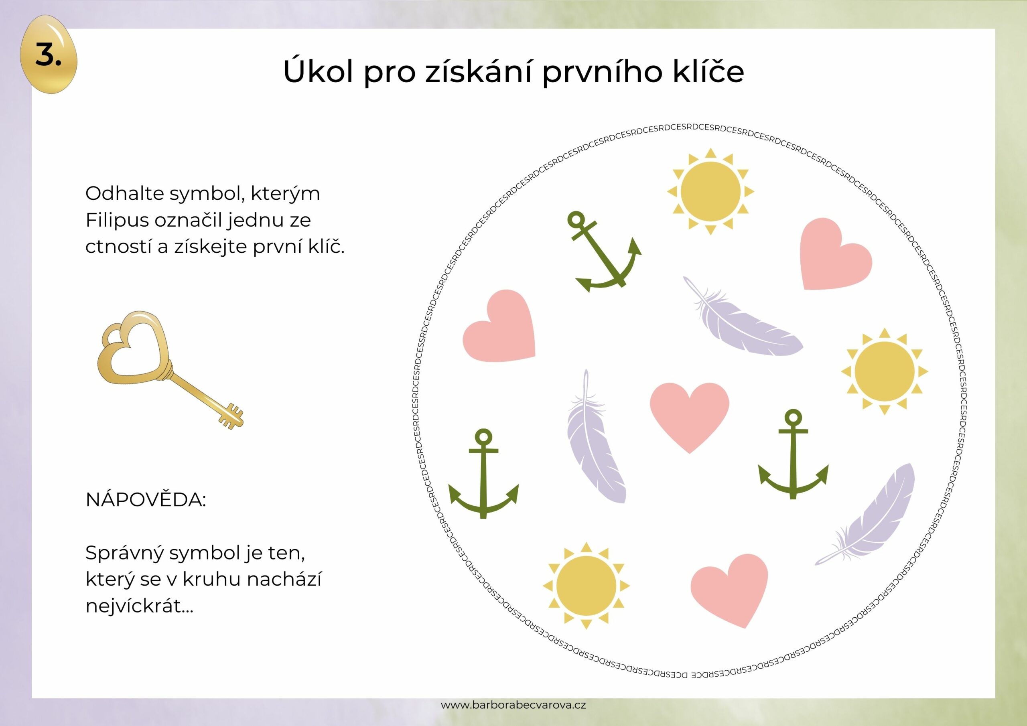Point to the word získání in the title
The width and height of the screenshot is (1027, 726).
pyautogui.click(x=479, y=71)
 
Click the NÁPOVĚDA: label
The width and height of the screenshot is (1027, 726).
pyautogui.click(x=145, y=500)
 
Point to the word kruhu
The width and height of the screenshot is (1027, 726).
pyautogui.click(x=211, y=580)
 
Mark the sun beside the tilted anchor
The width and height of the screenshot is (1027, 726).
pyautogui.click(x=710, y=191)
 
